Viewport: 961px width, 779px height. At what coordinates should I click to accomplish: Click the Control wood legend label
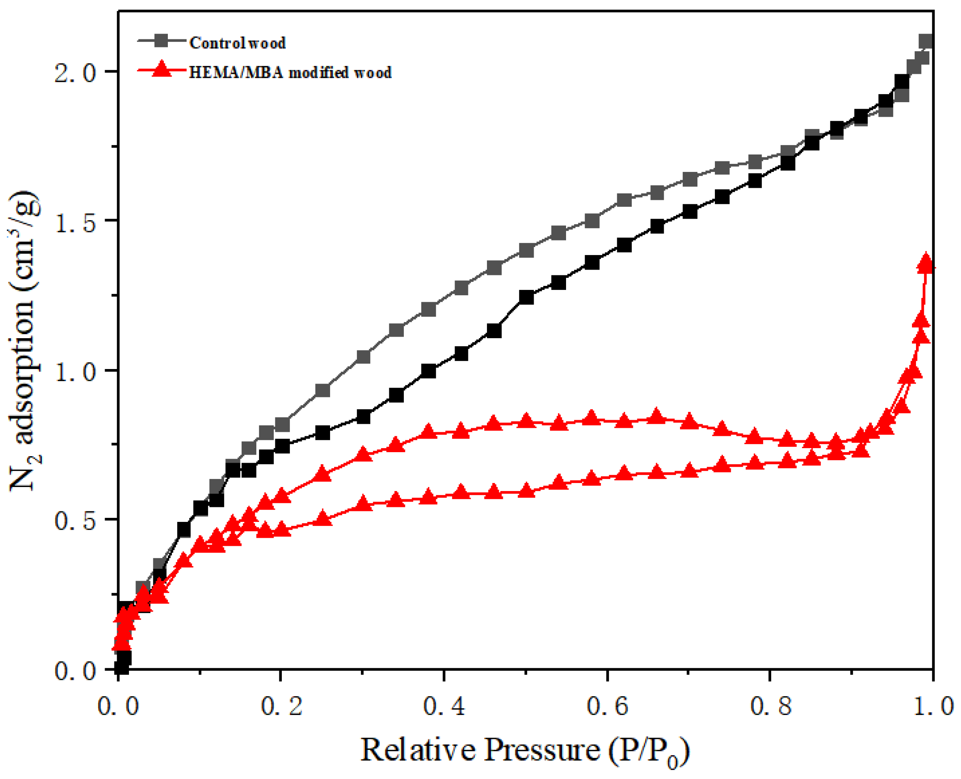[237, 43]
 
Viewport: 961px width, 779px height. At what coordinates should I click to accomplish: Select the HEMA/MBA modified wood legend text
[290, 73]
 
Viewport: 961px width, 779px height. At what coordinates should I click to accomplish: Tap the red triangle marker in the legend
[162, 70]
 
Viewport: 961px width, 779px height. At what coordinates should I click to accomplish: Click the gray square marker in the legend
[162, 41]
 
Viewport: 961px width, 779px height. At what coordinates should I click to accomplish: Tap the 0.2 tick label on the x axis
[281, 706]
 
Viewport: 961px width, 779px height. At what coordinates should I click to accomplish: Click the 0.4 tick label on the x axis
[444, 706]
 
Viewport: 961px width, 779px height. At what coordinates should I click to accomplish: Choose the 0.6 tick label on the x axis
[607, 706]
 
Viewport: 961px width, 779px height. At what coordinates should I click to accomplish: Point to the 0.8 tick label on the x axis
[770, 706]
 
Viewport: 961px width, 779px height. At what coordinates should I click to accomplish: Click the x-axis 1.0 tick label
[933, 706]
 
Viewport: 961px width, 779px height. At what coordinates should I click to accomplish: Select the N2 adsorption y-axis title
[25, 341]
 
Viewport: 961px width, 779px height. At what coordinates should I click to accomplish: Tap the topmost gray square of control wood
[926, 42]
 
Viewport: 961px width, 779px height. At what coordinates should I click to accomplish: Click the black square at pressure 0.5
[526, 297]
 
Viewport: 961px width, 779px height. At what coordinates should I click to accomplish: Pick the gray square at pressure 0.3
[363, 357]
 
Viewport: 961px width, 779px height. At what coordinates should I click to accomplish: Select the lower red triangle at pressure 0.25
[322, 519]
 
